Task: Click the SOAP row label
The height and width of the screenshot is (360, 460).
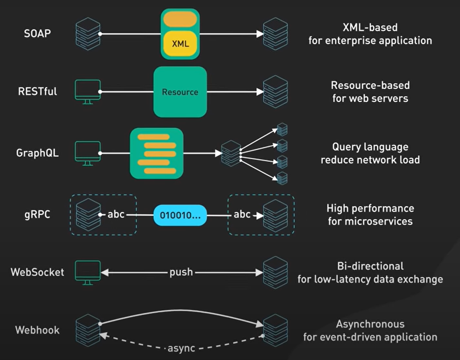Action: [38, 33]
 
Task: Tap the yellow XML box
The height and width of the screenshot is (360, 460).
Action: [180, 44]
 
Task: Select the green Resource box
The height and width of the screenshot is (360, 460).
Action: [180, 92]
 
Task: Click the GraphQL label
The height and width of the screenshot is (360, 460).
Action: [37, 153]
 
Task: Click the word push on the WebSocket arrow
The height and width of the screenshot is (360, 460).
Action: [181, 272]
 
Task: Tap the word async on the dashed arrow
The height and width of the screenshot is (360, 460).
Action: [181, 348]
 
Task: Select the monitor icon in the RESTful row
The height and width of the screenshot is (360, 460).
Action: [88, 91]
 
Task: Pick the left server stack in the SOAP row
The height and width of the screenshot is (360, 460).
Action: [88, 33]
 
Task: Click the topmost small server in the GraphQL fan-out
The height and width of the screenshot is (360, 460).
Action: [282, 129]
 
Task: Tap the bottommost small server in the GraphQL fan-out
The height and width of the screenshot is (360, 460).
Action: [282, 178]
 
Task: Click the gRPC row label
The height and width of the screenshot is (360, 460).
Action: [38, 214]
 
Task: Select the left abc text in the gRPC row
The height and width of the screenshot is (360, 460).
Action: [116, 214]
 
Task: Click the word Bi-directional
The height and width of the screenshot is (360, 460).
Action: [370, 266]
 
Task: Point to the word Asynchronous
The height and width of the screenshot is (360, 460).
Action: [370, 324]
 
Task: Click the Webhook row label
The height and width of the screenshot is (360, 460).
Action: [37, 330]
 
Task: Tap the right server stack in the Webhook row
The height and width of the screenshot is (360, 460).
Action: [275, 330]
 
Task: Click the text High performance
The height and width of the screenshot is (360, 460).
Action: [370, 208]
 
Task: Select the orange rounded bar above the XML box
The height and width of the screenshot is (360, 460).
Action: [180, 19]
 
